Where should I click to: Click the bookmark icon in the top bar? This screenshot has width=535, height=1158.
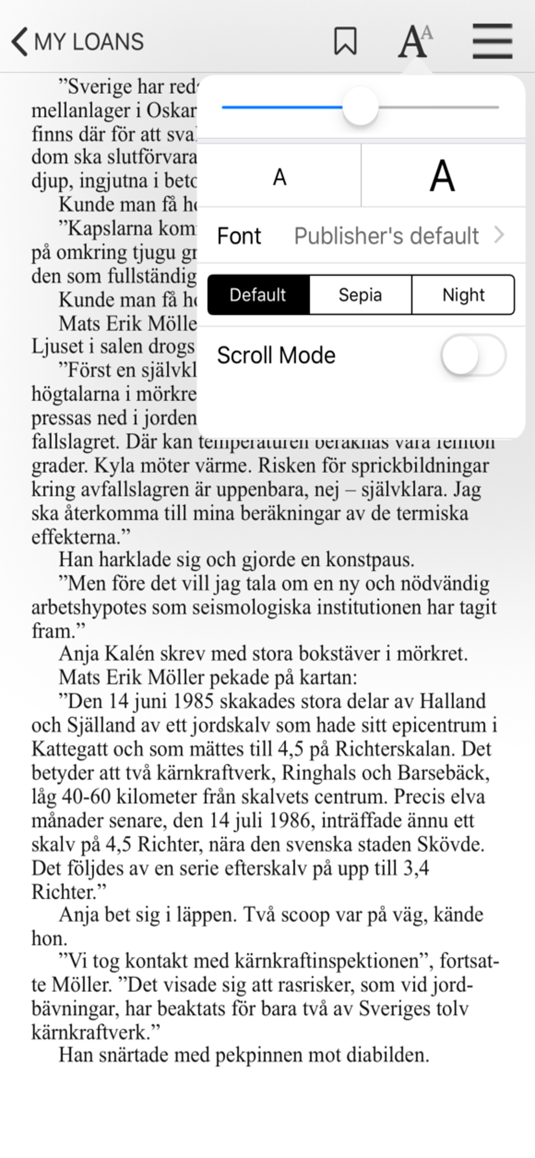tap(345, 41)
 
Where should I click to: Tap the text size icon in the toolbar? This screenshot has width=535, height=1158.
tap(414, 41)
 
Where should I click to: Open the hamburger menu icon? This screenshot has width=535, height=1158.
tap(492, 41)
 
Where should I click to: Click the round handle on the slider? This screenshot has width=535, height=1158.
tap(360, 107)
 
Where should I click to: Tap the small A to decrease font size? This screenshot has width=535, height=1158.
tap(279, 177)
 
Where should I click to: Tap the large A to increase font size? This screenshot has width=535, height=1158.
tap(442, 177)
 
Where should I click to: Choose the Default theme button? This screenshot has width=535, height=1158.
tap(258, 295)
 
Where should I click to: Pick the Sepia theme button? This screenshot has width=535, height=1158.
tap(360, 295)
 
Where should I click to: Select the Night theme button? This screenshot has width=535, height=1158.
tap(463, 295)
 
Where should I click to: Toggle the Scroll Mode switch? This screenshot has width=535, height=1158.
tap(473, 355)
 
